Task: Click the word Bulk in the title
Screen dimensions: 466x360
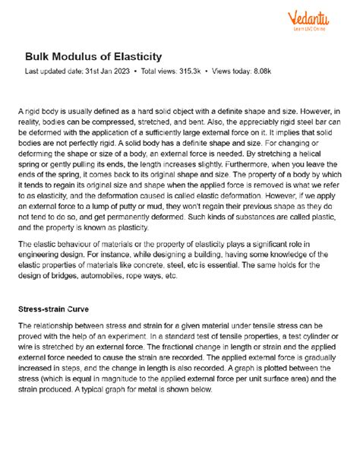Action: [x=39, y=57]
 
